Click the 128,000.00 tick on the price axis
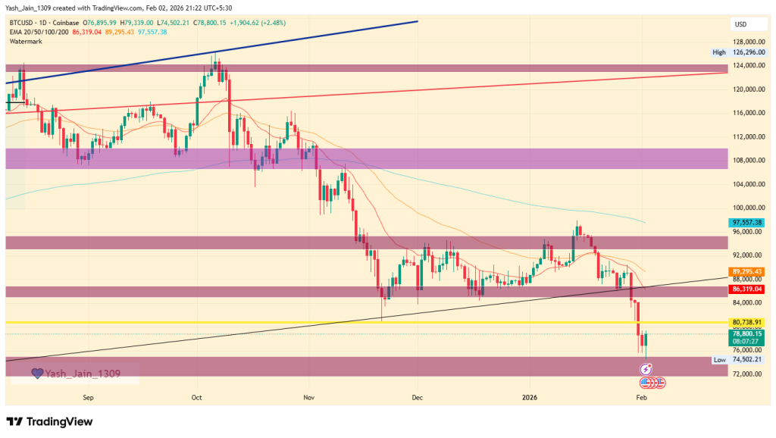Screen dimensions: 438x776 click(x=746, y=42)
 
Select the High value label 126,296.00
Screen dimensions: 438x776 click(x=746, y=52)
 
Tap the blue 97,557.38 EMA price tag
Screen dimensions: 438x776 click(x=746, y=222)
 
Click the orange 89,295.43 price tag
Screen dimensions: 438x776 click(x=746, y=271)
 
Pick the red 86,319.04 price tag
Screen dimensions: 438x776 click(x=746, y=289)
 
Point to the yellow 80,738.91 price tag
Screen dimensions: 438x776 click(x=746, y=322)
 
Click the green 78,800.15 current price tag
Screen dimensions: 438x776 click(x=746, y=333)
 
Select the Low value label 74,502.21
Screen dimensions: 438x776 click(x=746, y=359)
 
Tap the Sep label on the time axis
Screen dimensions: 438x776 click(x=87, y=397)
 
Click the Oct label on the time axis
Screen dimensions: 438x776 click(x=196, y=397)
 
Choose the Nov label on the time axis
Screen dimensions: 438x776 click(x=308, y=397)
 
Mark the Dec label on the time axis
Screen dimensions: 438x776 click(x=417, y=397)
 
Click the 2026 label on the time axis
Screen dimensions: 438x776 click(x=530, y=397)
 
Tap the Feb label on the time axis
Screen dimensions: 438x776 click(x=641, y=397)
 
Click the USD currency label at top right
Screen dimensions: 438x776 click(x=740, y=23)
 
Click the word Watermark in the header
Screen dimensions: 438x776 click(x=25, y=41)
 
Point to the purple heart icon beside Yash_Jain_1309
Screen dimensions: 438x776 click(x=36, y=374)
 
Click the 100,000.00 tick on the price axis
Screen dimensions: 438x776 click(x=746, y=208)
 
